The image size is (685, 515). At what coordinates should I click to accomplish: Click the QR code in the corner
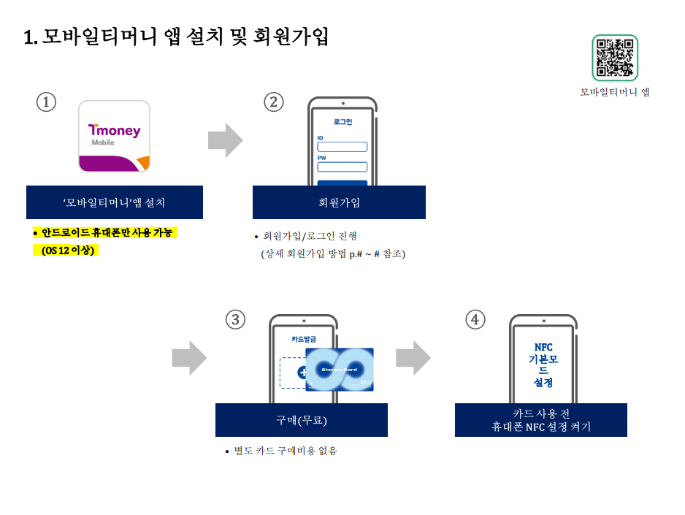pos(615,58)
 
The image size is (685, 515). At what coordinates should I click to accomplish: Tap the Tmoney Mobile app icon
pos(114,136)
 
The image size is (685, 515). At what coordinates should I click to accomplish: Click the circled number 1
pos(46,102)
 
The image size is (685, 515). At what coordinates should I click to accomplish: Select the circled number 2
pos(274,102)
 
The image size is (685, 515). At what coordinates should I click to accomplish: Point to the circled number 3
pos(235,319)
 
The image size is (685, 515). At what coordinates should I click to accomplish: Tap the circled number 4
pos(475,319)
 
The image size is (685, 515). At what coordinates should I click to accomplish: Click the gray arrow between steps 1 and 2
pos(225,140)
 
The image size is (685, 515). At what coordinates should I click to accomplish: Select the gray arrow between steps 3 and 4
pos(413,357)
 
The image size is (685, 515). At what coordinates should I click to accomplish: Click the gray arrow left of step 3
pos(189,357)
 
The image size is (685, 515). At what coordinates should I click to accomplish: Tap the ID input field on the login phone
pos(342,147)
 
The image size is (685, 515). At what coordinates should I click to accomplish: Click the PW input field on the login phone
pos(342,167)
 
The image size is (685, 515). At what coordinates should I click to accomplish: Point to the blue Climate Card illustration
pos(340,370)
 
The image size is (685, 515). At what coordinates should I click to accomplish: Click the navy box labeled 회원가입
pos(339,202)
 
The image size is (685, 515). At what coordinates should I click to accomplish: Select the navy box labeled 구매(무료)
pos(301,420)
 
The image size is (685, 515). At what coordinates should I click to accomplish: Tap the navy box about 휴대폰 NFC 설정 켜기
pos(540,420)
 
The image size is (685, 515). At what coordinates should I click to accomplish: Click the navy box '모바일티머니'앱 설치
pos(115,202)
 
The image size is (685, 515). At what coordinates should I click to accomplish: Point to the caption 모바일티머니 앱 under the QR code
pos(615,92)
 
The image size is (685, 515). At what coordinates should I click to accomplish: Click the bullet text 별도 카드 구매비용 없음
pos(286,451)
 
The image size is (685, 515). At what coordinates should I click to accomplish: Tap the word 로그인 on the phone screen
pos(342,122)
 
